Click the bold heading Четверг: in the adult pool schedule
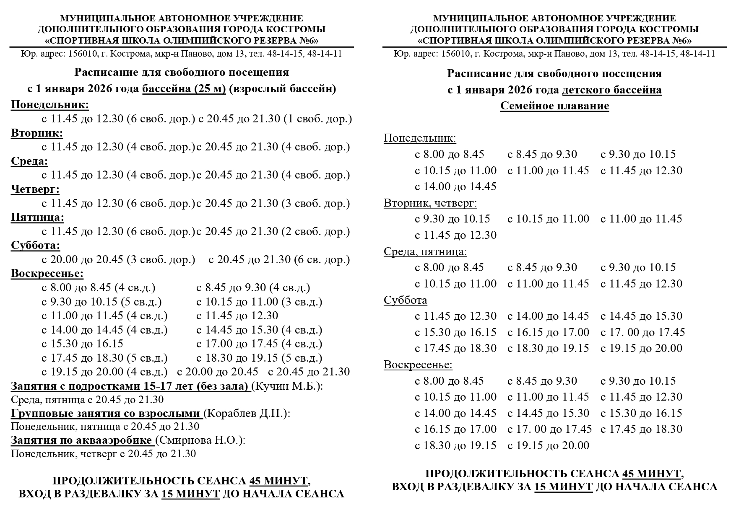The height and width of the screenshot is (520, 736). point(35,189)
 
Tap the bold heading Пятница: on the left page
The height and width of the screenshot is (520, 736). point(37,217)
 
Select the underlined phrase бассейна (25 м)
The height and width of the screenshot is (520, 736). point(184,89)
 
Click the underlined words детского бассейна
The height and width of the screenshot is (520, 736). point(612,90)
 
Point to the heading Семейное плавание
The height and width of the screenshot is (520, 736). point(554,106)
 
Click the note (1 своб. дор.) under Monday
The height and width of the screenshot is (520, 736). point(317,119)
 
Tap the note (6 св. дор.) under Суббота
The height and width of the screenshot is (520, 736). point(322,260)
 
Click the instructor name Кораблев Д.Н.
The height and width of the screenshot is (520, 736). point(247,414)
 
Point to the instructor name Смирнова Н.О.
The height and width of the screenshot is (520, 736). point(200,440)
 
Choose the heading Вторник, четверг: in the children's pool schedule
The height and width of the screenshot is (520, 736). point(430,203)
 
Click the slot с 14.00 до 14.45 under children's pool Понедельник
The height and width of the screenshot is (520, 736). point(455,186)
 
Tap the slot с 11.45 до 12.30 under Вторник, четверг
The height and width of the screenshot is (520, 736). point(455,235)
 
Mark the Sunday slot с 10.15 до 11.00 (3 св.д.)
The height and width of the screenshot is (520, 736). point(259,302)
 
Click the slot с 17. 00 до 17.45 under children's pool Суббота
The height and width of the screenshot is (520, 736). point(642,333)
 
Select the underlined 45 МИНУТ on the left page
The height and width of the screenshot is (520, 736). point(278,481)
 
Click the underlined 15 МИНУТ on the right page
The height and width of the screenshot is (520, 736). point(563,487)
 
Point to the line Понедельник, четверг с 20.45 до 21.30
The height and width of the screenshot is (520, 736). point(103,454)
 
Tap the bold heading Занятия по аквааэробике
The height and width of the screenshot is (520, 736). point(81,440)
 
